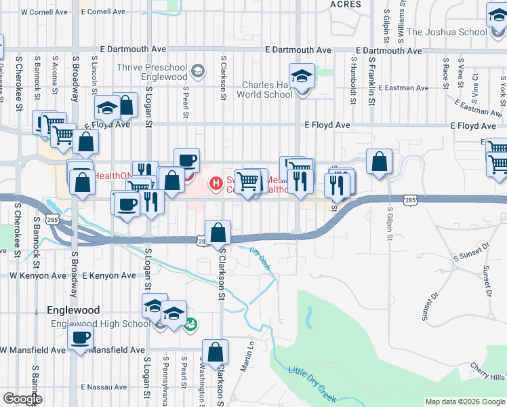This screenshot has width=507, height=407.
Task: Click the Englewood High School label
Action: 100,324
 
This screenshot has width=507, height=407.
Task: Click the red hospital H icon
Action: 216,183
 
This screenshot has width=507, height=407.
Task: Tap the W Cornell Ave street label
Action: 45,12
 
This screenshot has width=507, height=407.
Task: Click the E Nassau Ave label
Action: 103,387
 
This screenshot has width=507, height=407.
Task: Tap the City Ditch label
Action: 260,258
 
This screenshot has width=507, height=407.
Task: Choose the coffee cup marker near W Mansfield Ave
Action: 80,337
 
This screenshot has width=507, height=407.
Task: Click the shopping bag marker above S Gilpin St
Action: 380,161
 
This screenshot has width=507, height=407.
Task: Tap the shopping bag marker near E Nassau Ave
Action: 216,351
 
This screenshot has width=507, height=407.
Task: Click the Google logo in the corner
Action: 22,399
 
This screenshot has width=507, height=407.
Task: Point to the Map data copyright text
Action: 464,402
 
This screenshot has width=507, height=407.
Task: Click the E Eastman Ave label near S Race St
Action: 404,88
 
